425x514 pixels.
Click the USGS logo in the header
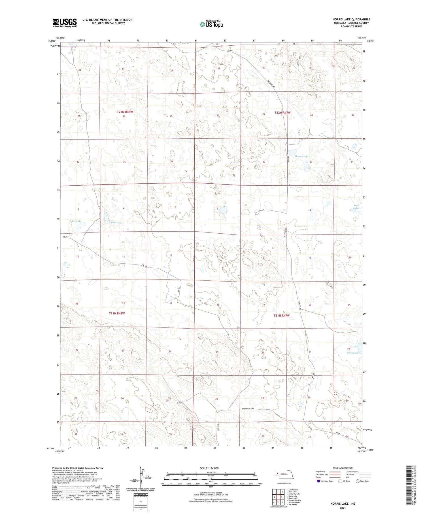(x=65, y=23)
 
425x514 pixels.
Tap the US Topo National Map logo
(x=211, y=24)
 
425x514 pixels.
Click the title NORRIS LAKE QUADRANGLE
(x=351, y=19)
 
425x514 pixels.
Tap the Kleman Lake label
(x=301, y=156)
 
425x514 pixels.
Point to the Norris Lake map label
(x=115, y=223)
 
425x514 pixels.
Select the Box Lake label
(x=76, y=221)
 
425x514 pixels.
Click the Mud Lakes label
(x=356, y=207)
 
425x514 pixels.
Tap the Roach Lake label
(x=353, y=353)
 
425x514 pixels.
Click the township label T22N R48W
(x=125, y=112)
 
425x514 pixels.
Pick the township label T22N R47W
(x=282, y=113)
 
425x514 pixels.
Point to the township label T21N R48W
(x=117, y=313)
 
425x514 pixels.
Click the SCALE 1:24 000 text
(x=209, y=468)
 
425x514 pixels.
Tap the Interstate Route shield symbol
(x=319, y=481)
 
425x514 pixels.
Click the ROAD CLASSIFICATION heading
(x=343, y=468)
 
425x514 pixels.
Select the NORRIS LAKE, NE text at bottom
(x=343, y=504)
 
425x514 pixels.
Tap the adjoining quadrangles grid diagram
(x=279, y=496)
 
